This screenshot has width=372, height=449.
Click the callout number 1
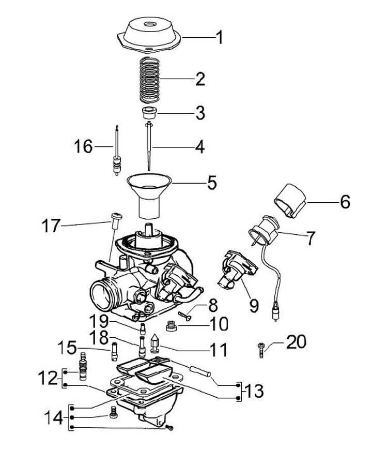[x=219, y=38]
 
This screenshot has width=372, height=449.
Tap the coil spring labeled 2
[x=149, y=80]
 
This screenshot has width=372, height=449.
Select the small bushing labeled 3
[x=149, y=113]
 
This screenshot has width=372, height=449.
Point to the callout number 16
[x=83, y=146]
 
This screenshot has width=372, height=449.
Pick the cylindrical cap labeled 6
[x=290, y=200]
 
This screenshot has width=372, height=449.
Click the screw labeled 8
[x=185, y=316]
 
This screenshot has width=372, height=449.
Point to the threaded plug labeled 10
[x=171, y=326]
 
